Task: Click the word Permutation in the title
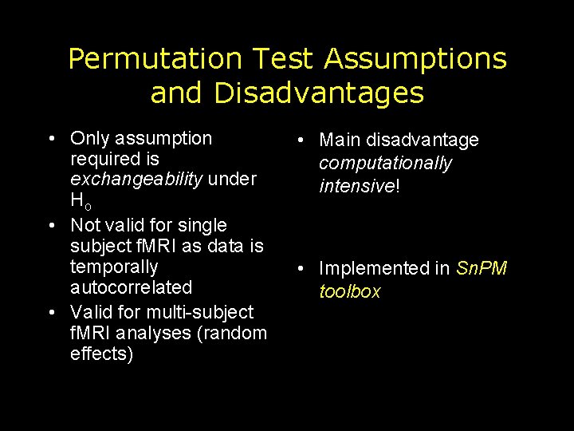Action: (154, 58)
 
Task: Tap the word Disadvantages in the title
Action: (318, 93)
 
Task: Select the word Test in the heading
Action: (282, 58)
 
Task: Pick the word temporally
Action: (114, 267)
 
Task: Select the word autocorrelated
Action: (131, 287)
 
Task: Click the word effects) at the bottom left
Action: (102, 354)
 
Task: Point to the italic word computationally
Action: (385, 164)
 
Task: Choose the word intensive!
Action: (358, 187)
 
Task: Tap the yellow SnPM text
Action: (481, 269)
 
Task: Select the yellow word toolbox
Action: (350, 292)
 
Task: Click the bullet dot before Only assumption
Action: (51, 139)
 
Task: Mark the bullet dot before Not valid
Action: (51, 226)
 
